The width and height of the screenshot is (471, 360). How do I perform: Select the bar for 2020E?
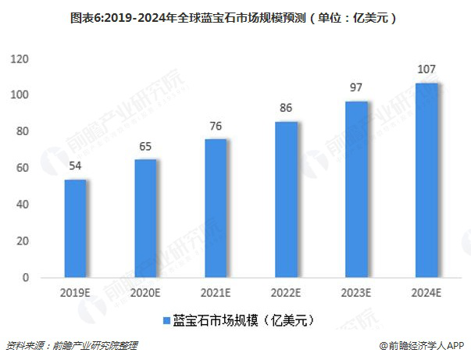[x=145, y=218]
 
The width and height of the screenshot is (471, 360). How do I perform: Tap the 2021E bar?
[x=216, y=208]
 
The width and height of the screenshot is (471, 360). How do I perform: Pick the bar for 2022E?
[x=286, y=199]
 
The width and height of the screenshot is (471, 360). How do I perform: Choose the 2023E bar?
[x=356, y=189]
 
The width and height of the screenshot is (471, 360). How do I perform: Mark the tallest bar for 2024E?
[x=426, y=180]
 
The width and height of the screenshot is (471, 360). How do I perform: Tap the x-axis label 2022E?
[x=286, y=295]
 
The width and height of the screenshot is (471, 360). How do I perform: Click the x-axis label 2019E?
[x=76, y=295]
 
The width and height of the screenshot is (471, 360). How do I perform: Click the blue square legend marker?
[x=166, y=321]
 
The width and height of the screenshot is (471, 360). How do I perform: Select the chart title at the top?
[x=235, y=15]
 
